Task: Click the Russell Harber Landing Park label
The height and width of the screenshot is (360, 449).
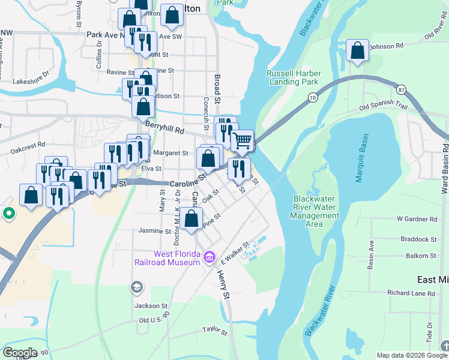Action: point(294,77)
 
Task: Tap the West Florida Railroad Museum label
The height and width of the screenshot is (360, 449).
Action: point(177,258)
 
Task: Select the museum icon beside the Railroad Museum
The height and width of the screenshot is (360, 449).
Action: point(209,258)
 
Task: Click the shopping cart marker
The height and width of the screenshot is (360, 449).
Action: point(242,142)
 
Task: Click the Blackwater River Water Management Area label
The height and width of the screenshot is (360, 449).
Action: point(316,211)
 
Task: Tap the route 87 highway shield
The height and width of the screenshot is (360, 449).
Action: point(401,89)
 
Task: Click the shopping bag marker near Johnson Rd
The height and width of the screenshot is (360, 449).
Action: point(357,52)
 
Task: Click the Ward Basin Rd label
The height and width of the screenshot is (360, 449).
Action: point(445,159)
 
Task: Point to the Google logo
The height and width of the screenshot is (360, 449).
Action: point(20,353)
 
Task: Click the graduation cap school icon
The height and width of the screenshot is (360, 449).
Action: point(137,288)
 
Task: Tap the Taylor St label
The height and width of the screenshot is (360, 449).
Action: point(215,331)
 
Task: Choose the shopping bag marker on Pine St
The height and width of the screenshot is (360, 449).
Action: point(191,220)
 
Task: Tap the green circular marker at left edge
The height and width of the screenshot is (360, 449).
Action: point(8,213)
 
